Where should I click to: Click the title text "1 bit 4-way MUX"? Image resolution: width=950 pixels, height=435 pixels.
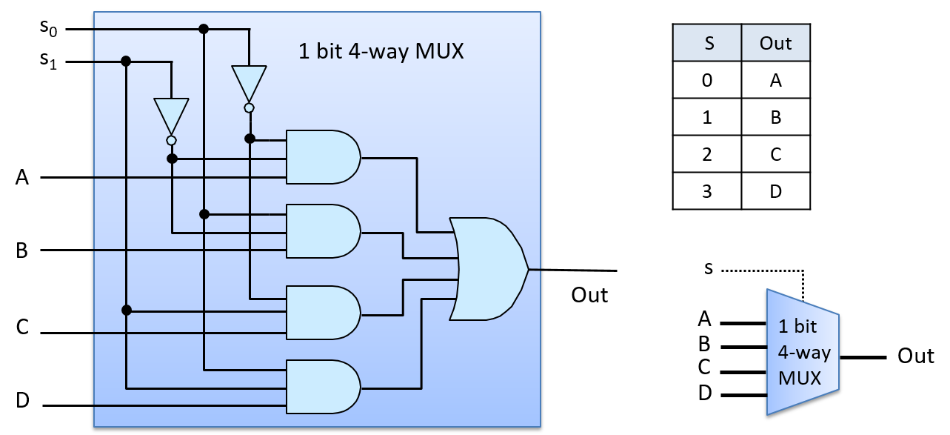click(x=381, y=52)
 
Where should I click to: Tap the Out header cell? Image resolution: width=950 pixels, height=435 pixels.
click(x=775, y=43)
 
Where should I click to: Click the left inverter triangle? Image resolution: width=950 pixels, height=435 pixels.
click(x=171, y=116)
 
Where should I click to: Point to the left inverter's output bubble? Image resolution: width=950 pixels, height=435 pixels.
click(x=171, y=140)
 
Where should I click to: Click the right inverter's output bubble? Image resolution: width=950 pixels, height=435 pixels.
click(x=249, y=108)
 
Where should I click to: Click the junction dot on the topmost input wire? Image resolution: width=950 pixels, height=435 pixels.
click(x=204, y=29)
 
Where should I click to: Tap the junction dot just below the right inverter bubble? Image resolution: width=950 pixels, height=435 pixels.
click(x=250, y=139)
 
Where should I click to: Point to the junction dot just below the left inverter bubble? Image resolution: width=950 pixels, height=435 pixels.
click(x=172, y=159)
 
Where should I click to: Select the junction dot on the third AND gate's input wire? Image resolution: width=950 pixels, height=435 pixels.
click(x=127, y=310)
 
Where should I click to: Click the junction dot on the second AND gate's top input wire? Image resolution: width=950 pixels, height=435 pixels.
click(x=204, y=214)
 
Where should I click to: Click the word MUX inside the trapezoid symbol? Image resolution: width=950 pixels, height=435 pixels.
click(x=800, y=378)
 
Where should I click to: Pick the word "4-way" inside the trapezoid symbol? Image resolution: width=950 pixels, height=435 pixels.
click(x=803, y=353)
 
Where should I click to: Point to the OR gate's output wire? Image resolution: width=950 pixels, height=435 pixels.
click(x=535, y=270)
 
